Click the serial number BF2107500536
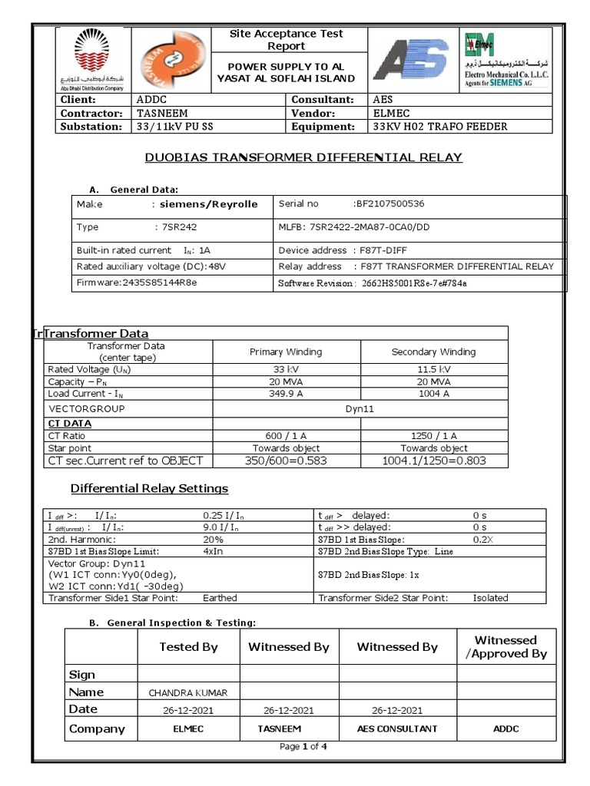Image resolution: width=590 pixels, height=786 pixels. click(388, 204)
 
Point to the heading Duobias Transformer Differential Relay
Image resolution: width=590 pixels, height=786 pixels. click(304, 157)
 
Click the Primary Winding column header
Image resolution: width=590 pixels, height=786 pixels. click(286, 352)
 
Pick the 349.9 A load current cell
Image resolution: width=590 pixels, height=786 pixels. click(286, 394)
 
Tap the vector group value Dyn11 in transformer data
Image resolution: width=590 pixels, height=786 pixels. click(360, 409)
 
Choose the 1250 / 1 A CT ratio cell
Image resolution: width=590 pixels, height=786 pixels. click(434, 436)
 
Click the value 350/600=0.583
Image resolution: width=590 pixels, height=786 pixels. click(286, 461)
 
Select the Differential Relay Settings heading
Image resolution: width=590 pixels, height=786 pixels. click(149, 489)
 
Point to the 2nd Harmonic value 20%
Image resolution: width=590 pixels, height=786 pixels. click(213, 540)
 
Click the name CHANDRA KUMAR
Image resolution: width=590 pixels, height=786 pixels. click(188, 693)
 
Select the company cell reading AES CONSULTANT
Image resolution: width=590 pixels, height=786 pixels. click(397, 729)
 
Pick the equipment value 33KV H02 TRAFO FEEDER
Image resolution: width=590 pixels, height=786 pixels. click(439, 127)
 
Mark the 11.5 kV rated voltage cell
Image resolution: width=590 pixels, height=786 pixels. click(434, 369)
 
